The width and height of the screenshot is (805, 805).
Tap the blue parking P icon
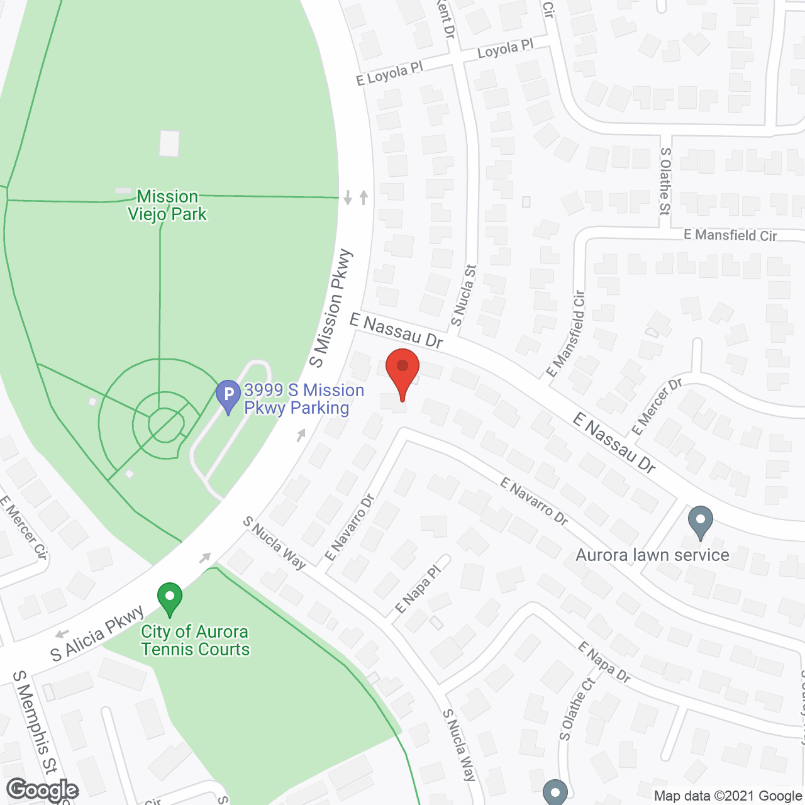coord(228,396)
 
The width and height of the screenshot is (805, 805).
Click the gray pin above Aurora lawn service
coord(700,521)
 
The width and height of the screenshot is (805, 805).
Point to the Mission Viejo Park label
coord(167,206)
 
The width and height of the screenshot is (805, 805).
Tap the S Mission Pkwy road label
coord(331,308)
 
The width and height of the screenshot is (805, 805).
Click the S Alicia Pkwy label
coord(97,634)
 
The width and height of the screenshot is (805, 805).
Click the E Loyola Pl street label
coord(389,74)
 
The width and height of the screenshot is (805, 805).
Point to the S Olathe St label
coord(665,181)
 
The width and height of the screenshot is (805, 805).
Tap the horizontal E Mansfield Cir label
coord(730,235)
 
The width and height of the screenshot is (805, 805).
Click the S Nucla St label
coord(464,296)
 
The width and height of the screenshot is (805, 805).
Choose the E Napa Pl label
coord(419,589)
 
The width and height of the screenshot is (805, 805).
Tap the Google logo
coord(43,790)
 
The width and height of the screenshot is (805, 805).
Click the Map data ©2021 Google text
coord(728,796)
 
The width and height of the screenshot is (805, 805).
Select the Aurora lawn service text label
coord(652,555)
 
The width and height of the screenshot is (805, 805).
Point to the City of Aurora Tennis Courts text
coord(195,640)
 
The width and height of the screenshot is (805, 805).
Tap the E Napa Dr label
coord(604,662)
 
